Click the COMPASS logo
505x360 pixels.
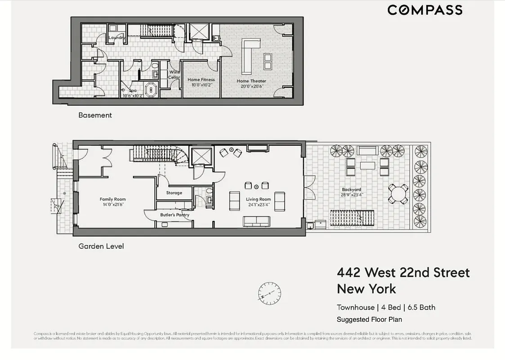click(425, 10)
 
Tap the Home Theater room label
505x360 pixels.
click(251, 81)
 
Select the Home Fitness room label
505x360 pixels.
click(201, 80)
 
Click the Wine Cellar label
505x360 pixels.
click(174, 75)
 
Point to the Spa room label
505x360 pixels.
click(133, 90)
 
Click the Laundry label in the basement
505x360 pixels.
click(116, 38)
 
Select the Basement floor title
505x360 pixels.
click(95, 115)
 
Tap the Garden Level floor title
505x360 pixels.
click(101, 246)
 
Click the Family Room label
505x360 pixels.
click(112, 199)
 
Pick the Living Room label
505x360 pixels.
click(258, 199)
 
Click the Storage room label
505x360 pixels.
click(174, 193)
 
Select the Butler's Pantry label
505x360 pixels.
click(174, 215)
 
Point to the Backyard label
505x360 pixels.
click(351, 190)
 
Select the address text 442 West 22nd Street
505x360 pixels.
click(403, 273)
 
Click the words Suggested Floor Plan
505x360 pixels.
click(369, 319)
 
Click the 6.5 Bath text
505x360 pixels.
click(421, 307)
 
